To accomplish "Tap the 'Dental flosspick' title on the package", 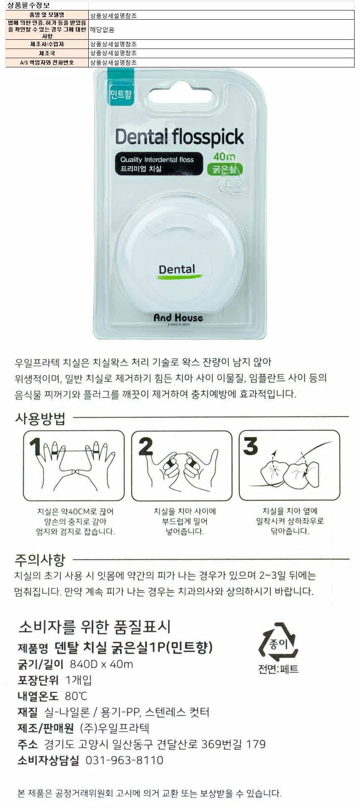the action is pyautogui.click(x=180, y=137).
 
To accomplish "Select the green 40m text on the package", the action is pyautogui.click(x=224, y=157).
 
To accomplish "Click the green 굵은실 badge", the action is pyautogui.click(x=225, y=169).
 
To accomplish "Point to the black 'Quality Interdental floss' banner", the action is pyautogui.click(x=159, y=164).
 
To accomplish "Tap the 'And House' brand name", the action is pyautogui.click(x=178, y=318).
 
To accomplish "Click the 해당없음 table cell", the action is pyautogui.click(x=102, y=30).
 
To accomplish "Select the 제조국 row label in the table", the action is pyautogui.click(x=47, y=53).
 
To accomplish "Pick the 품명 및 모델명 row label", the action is pyautogui.click(x=47, y=15).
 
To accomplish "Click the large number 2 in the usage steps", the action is pyautogui.click(x=146, y=446).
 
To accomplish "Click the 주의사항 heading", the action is pyautogui.click(x=40, y=559).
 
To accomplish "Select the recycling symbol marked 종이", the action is pyautogui.click(x=278, y=643).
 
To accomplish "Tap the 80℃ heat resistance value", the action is pyautogui.click(x=76, y=696).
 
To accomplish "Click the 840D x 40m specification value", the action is pyautogui.click(x=101, y=664).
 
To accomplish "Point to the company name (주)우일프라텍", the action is pyautogui.click(x=115, y=728).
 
